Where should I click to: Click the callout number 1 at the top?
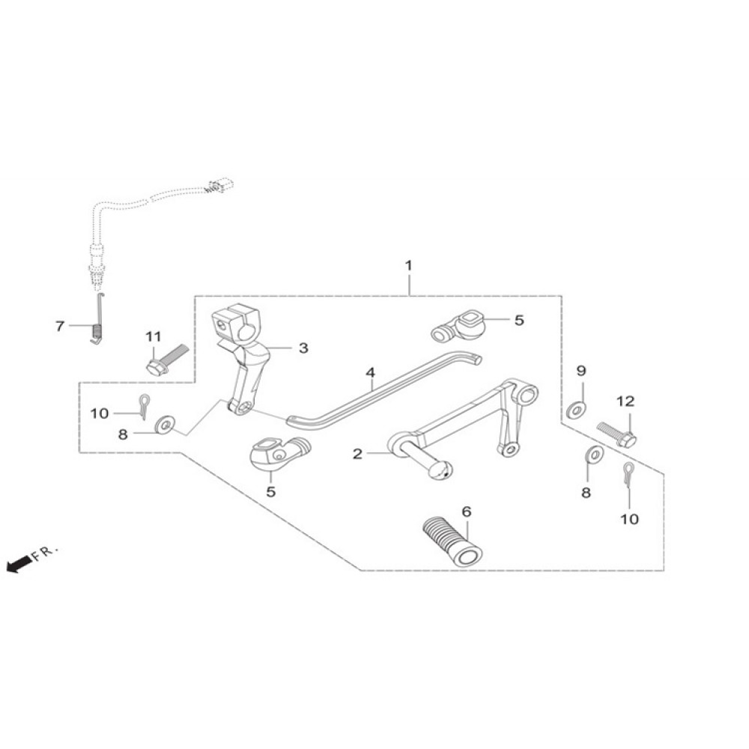(x=408, y=266)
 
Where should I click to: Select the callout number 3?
(x=303, y=348)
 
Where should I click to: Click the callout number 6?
(x=467, y=512)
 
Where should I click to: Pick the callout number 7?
(x=61, y=326)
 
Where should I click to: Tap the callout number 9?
(x=580, y=371)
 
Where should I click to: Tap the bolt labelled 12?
(x=616, y=434)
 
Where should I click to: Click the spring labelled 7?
(x=96, y=330)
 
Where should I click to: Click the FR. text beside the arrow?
(x=46, y=553)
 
